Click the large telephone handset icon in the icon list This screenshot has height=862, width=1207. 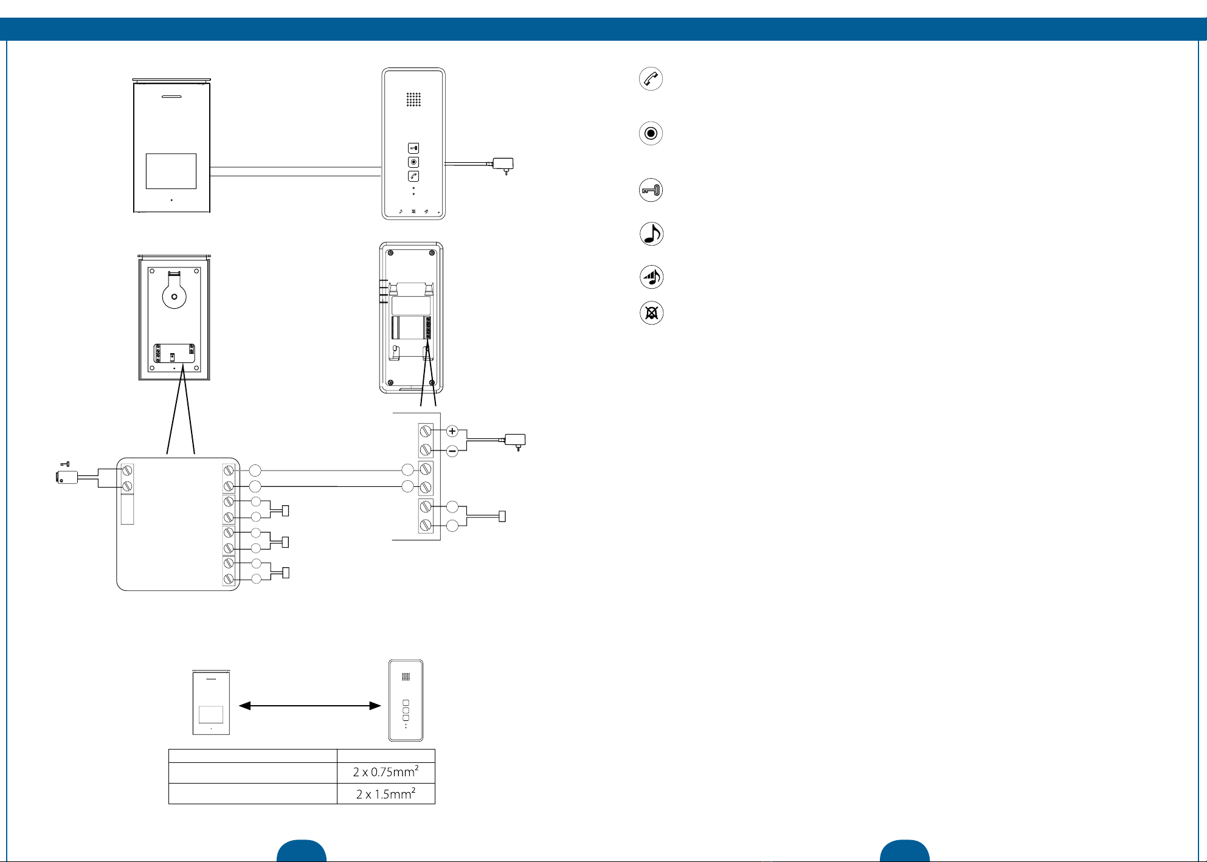click(x=651, y=79)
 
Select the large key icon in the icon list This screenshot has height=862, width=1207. click(x=651, y=190)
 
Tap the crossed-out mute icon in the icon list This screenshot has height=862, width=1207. click(x=651, y=313)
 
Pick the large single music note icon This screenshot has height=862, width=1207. click(x=651, y=234)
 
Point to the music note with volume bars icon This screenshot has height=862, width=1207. click(x=651, y=277)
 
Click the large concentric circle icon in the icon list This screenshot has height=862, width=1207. click(x=651, y=133)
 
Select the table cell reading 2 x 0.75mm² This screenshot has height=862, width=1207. click(x=386, y=773)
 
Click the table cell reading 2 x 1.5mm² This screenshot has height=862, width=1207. click(x=386, y=794)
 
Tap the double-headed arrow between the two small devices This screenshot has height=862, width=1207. click(x=310, y=706)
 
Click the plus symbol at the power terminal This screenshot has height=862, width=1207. click(x=452, y=431)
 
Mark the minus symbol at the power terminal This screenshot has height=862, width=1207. click(x=452, y=451)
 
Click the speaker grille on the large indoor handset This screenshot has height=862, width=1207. click(x=413, y=100)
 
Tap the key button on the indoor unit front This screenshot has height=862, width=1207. click(x=413, y=148)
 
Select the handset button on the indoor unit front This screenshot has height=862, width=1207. click(x=413, y=176)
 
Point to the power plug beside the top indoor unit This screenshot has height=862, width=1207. click(x=503, y=164)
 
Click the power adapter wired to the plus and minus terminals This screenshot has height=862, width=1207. click(x=516, y=440)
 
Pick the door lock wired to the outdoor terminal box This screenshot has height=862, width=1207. click(x=67, y=477)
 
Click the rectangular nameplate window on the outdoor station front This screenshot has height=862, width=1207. click(x=171, y=171)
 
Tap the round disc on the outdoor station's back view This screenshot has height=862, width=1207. click(x=174, y=296)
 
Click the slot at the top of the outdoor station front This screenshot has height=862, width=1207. click(x=171, y=97)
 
